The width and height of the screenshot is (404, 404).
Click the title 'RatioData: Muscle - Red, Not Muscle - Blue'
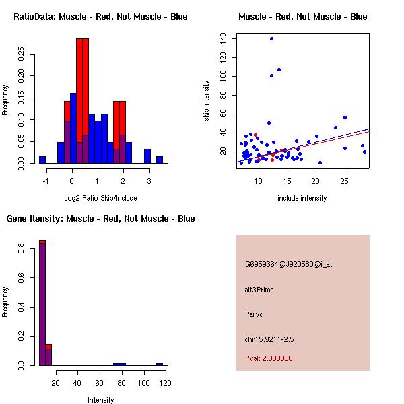[x=100, y=17]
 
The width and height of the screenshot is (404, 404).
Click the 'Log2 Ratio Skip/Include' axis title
[x=100, y=197]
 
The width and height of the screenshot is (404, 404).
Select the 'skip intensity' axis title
[x=207, y=100]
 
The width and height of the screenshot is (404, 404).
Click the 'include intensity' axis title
[x=302, y=197]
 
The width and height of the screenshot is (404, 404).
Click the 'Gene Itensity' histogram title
[x=100, y=219]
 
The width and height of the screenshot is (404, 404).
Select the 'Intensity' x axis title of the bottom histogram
[x=100, y=400]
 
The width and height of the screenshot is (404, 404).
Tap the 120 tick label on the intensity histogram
[x=165, y=384]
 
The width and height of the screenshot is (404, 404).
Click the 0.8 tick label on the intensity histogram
[x=22, y=250]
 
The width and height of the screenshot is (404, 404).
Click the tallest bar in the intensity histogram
[x=42, y=303]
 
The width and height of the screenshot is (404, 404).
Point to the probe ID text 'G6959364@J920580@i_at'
[x=288, y=265]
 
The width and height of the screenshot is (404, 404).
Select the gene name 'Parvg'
[x=255, y=314]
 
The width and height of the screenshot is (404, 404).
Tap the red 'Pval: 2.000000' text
[x=269, y=358]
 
